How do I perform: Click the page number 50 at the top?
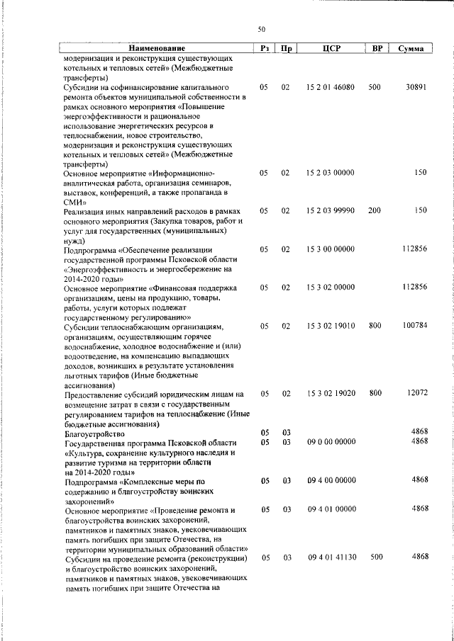point(261,29)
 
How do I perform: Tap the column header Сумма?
point(411,48)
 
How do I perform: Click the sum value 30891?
point(415,86)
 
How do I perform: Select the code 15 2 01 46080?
point(331,86)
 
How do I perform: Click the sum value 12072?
point(415,392)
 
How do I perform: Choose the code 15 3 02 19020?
point(331,392)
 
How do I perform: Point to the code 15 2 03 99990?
point(331,210)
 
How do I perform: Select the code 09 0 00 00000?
point(331,441)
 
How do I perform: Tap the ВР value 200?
point(375,210)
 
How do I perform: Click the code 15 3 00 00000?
point(331,249)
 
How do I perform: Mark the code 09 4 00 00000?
point(331,480)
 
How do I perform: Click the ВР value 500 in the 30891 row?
point(375,86)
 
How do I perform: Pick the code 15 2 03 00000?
point(331,172)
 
